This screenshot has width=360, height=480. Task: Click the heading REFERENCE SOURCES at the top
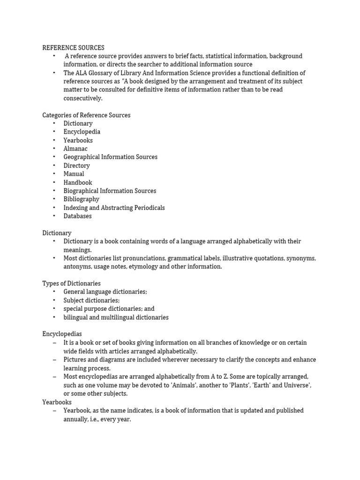73,48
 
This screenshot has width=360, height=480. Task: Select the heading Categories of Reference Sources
86,115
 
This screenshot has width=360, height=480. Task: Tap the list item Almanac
75,149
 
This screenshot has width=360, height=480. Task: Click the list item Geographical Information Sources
110,157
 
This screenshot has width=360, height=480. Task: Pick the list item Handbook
78,182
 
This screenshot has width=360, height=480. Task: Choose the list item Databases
78,216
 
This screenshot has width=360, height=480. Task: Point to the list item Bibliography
82,199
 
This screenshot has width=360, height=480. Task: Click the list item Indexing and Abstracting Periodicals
114,208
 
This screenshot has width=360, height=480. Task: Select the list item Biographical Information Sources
110,191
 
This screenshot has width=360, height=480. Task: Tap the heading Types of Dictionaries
71,284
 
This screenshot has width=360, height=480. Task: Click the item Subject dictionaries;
91,300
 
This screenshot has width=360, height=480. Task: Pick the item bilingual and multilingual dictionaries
116,317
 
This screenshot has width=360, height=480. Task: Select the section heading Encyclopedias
62,334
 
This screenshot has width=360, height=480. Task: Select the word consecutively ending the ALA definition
82,98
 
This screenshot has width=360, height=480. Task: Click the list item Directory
76,165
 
